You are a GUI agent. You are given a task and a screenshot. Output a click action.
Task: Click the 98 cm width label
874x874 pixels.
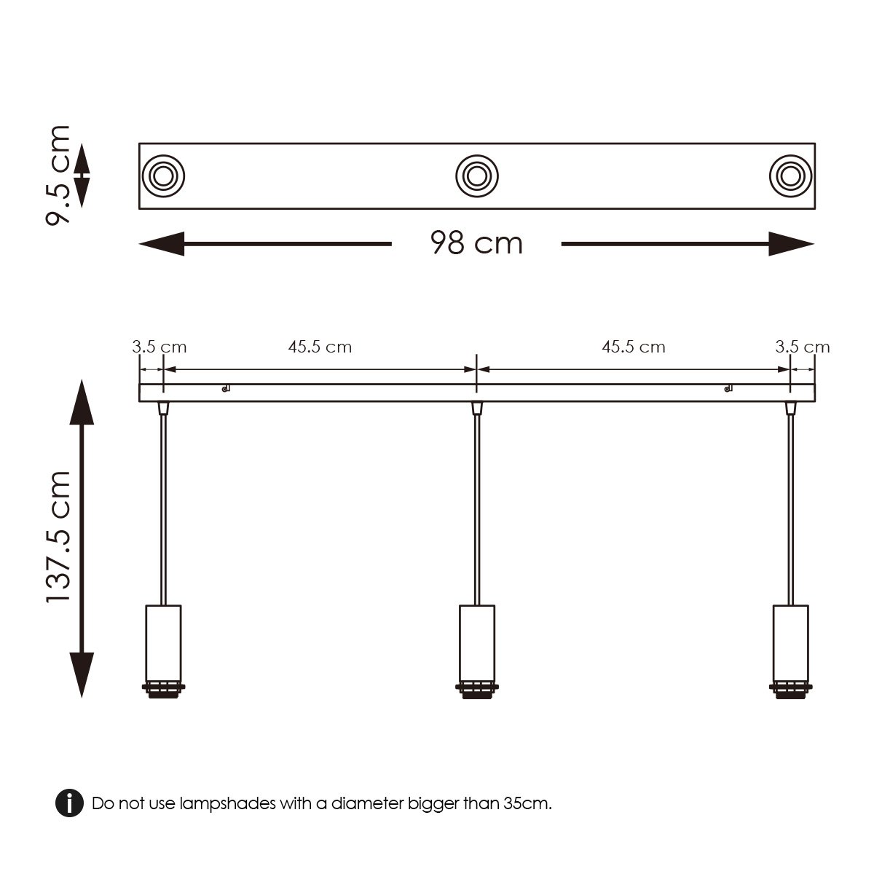coord(476,243)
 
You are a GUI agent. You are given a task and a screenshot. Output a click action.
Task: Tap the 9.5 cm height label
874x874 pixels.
coord(58,176)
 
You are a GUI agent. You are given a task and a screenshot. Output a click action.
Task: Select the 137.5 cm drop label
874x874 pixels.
coord(58,537)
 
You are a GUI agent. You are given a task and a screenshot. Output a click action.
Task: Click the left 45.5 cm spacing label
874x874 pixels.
coord(320,347)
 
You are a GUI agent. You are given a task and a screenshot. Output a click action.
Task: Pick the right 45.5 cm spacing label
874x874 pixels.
coord(633,347)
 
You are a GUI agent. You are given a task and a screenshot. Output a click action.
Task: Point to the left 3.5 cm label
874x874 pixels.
coord(159,347)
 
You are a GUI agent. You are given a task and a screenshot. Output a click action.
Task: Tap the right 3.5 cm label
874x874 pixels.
coord(802,347)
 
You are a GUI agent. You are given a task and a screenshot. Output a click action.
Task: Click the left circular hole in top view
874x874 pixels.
coord(162,176)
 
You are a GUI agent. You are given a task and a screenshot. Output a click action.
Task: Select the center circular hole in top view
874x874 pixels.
coord(477,176)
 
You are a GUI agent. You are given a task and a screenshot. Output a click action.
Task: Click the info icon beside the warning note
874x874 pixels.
coord(69,803)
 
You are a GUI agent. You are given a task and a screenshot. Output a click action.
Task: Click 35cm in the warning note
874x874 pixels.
coord(527,804)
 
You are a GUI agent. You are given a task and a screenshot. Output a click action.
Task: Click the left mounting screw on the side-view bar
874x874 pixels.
coord(226,388)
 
